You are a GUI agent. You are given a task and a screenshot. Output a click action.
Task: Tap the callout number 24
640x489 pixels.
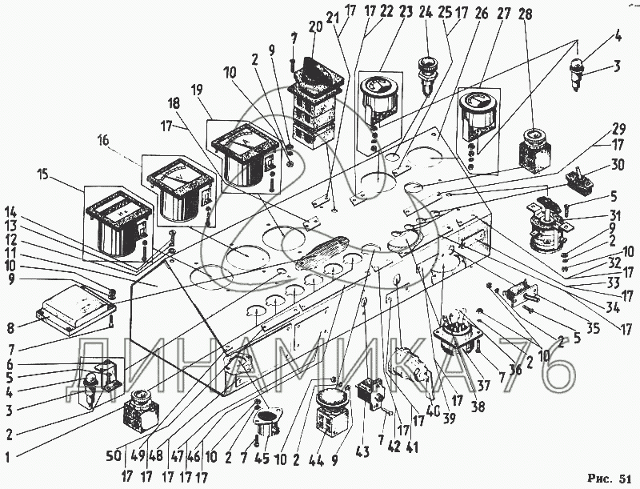click(425, 12)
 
